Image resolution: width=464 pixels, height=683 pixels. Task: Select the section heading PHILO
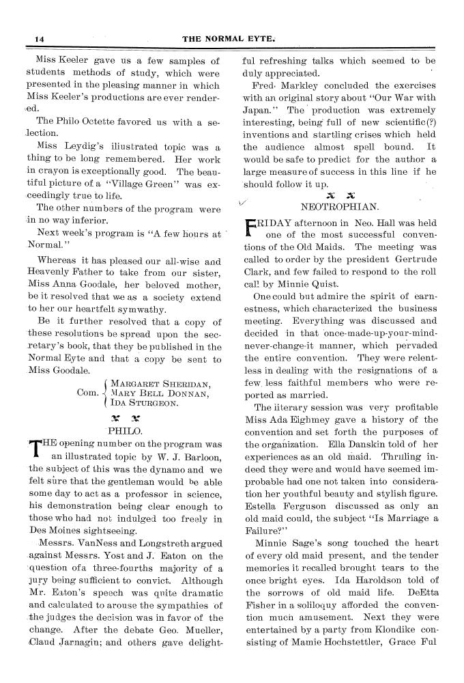124,431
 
